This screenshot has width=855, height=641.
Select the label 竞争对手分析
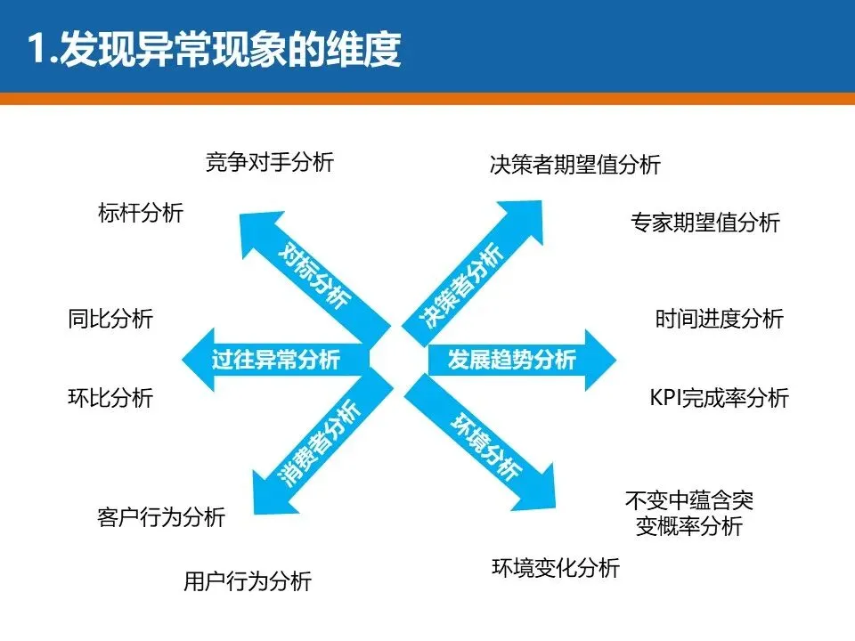coord(270,162)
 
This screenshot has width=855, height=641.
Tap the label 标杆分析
coord(141,213)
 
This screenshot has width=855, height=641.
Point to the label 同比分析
coord(110,319)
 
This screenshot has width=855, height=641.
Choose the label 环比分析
coord(110,397)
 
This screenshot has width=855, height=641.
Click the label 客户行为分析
coord(161,516)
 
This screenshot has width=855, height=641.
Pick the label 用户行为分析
coord(248,581)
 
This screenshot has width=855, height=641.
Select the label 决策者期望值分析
coord(575,165)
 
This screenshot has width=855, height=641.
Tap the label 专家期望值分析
coord(705,222)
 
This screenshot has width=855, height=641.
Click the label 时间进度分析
coord(720,319)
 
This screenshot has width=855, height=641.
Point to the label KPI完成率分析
coord(720,398)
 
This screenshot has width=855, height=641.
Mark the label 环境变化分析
coord(556,567)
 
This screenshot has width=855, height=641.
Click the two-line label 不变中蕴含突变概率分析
coord(689,514)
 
